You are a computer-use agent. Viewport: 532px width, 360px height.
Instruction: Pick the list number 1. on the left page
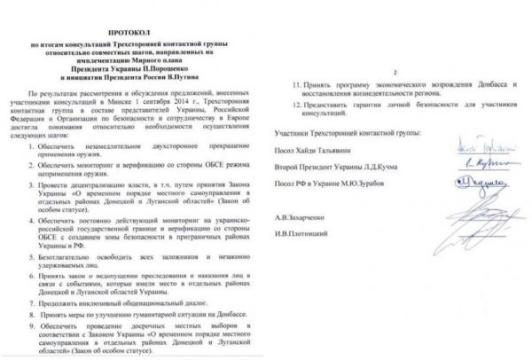pyautogui.click(x=30, y=146)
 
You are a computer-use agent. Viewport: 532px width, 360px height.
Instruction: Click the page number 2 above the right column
pyautogui.click(x=397, y=69)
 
